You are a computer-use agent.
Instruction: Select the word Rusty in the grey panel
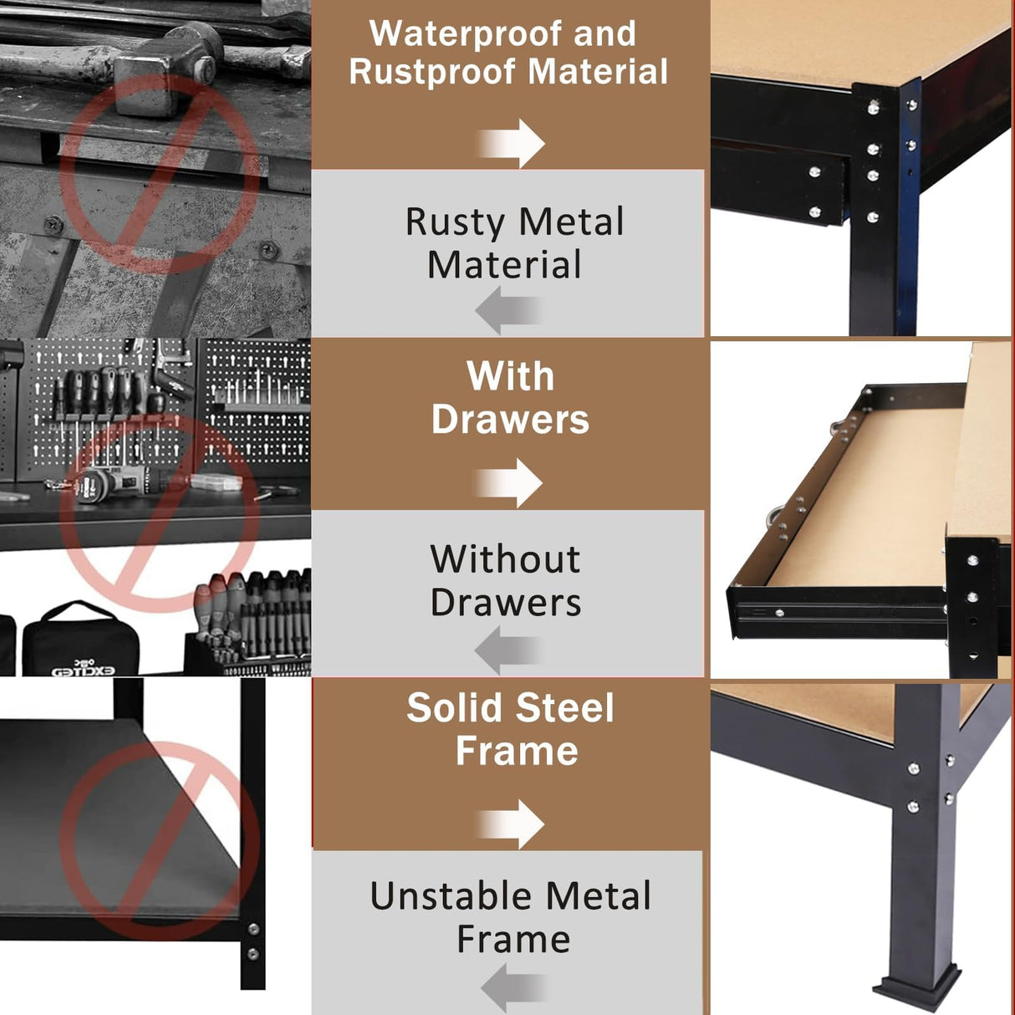[456, 223]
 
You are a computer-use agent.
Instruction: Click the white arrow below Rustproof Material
[511, 143]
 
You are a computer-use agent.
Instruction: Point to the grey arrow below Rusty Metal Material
[507, 310]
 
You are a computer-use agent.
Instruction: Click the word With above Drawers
[510, 377]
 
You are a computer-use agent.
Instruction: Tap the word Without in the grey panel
[505, 559]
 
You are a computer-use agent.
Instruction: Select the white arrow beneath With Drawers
[509, 482]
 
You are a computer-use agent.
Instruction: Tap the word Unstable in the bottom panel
[440, 897]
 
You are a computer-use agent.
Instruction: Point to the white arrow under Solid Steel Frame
[511, 824]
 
